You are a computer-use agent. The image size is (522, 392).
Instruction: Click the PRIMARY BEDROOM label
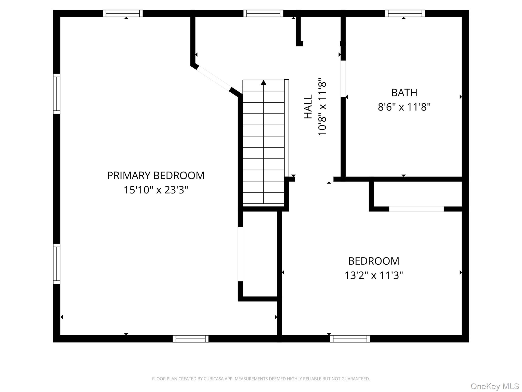coord(156,176)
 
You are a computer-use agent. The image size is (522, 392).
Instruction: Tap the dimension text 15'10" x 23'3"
coord(156,190)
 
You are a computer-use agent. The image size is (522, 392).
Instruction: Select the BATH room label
coord(404,93)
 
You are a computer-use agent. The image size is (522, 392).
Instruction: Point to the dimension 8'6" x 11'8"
coord(404,107)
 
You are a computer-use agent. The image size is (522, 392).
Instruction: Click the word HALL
coord(308,107)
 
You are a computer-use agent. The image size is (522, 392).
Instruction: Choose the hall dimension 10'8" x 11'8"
coord(322,107)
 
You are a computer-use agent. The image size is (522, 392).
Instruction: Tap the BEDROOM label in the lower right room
coord(374,261)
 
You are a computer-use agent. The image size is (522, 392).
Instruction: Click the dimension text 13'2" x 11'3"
coord(374,276)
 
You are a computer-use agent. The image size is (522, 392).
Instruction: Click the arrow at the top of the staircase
coord(264,82)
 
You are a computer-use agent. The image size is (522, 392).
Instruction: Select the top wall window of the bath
coord(405,13)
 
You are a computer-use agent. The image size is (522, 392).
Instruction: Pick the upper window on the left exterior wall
coord(57,94)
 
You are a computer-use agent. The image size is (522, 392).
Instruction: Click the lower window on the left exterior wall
coord(57,264)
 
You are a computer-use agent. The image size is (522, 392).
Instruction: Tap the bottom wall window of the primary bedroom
coord(191,339)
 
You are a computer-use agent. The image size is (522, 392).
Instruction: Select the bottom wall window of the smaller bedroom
coord(350,339)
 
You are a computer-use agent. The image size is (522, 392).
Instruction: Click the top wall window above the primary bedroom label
coord(123,13)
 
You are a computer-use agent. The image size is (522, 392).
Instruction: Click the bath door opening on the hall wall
coord(343,79)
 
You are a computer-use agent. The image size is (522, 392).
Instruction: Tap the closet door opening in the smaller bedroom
coord(416,209)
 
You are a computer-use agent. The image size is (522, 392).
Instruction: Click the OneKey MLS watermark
coord(494,386)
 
